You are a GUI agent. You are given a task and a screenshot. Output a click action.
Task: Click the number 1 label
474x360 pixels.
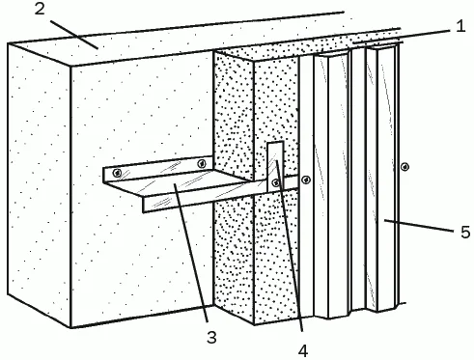(x=460, y=26)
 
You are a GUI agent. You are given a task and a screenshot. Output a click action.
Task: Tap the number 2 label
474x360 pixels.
(x=40, y=9)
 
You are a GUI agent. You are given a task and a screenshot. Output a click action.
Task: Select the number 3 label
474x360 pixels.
(x=211, y=338)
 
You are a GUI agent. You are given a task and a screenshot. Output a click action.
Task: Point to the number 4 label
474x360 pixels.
(x=303, y=350)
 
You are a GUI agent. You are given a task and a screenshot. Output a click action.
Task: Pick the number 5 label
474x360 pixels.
(x=465, y=232)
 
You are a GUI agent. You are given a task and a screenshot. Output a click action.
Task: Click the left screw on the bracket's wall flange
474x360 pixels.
(x=117, y=174)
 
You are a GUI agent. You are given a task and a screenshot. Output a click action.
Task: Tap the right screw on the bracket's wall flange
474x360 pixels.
(x=202, y=163)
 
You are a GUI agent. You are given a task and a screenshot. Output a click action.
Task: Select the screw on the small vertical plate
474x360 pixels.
(x=275, y=182)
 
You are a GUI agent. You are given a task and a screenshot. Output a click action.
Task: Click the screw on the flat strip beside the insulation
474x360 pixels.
(x=306, y=180)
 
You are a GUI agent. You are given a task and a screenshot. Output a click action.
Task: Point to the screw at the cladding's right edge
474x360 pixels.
(x=404, y=167)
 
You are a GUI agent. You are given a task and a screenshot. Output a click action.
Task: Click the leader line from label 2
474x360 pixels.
(x=74, y=35)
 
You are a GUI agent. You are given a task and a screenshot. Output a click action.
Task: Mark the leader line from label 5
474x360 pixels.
(x=418, y=226)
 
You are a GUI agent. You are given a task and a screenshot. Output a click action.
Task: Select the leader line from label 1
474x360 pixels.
(x=401, y=36)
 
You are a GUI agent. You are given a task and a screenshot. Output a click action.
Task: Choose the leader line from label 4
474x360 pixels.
(x=289, y=245)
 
